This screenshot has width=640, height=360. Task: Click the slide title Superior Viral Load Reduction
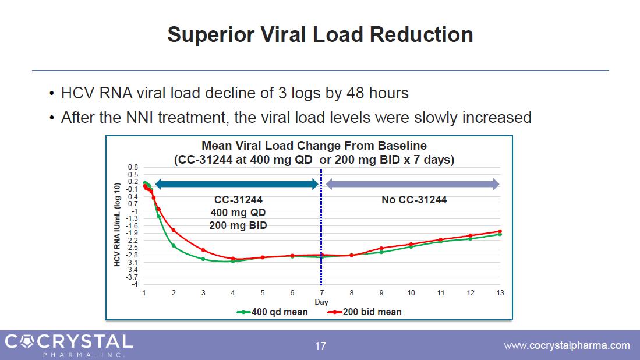(x=320, y=35)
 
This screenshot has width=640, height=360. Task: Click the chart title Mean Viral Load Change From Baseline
(x=314, y=146)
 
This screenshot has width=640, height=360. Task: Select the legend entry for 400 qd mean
(x=273, y=312)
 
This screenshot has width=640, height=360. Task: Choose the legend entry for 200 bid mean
(x=365, y=312)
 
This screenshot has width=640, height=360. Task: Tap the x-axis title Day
(x=321, y=302)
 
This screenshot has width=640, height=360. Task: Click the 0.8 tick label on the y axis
(x=133, y=167)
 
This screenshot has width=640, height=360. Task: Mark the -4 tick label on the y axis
(x=135, y=284)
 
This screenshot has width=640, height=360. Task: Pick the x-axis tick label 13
(x=499, y=292)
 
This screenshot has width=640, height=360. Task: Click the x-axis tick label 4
(x=233, y=292)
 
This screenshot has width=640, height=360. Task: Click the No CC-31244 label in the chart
(x=414, y=200)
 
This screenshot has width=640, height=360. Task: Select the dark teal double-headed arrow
(x=237, y=185)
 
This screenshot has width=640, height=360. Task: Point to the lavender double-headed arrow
(x=412, y=185)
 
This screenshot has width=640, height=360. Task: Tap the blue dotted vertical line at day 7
(x=321, y=233)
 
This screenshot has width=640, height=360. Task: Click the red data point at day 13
(x=500, y=231)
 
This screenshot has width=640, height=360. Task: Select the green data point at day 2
(x=174, y=245)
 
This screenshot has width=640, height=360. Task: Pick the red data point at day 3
(x=203, y=250)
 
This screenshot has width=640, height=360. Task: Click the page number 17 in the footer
(x=320, y=346)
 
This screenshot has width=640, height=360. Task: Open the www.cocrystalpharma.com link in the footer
(x=566, y=345)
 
